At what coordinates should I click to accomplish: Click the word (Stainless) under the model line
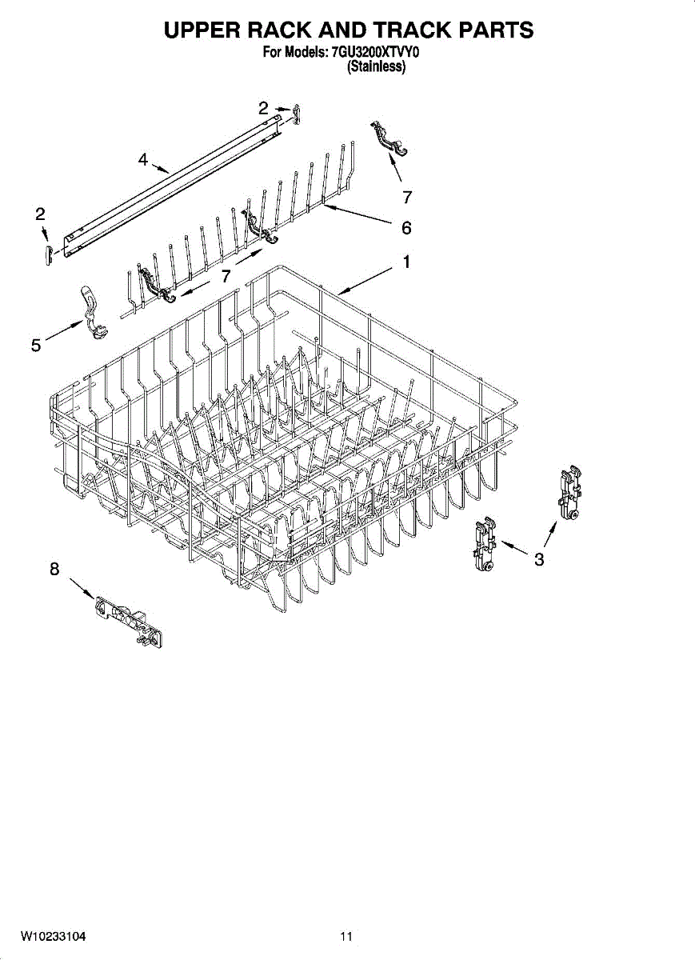tap(375, 68)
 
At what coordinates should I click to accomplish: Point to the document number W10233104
tap(53, 936)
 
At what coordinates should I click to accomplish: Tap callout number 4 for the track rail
tap(142, 160)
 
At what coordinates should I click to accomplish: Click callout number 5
tap(36, 345)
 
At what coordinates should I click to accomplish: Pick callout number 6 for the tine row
tap(406, 228)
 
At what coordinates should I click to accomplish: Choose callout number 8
tap(54, 569)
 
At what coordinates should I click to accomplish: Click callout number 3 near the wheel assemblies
tap(539, 559)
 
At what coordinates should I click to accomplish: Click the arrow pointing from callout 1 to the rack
tap(364, 282)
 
